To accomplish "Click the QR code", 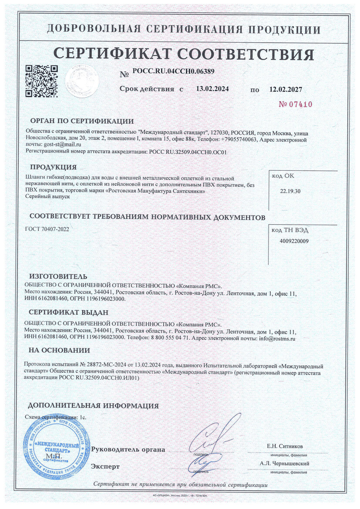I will coord(41,81).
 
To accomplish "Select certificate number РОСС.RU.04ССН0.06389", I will coord(173,71).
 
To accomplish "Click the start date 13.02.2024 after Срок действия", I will coord(212,89).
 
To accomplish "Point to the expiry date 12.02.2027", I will coord(286,89).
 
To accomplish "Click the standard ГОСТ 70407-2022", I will coord(47,229).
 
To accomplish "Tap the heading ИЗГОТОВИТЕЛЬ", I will coord(58,276).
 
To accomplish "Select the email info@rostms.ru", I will coord(277,338).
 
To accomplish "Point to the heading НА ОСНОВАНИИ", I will coord(59,351).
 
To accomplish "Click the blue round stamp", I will coord(54,444).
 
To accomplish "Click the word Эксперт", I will coord(105,466).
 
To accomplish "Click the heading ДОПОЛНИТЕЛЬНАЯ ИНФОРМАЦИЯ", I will coord(93,406).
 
